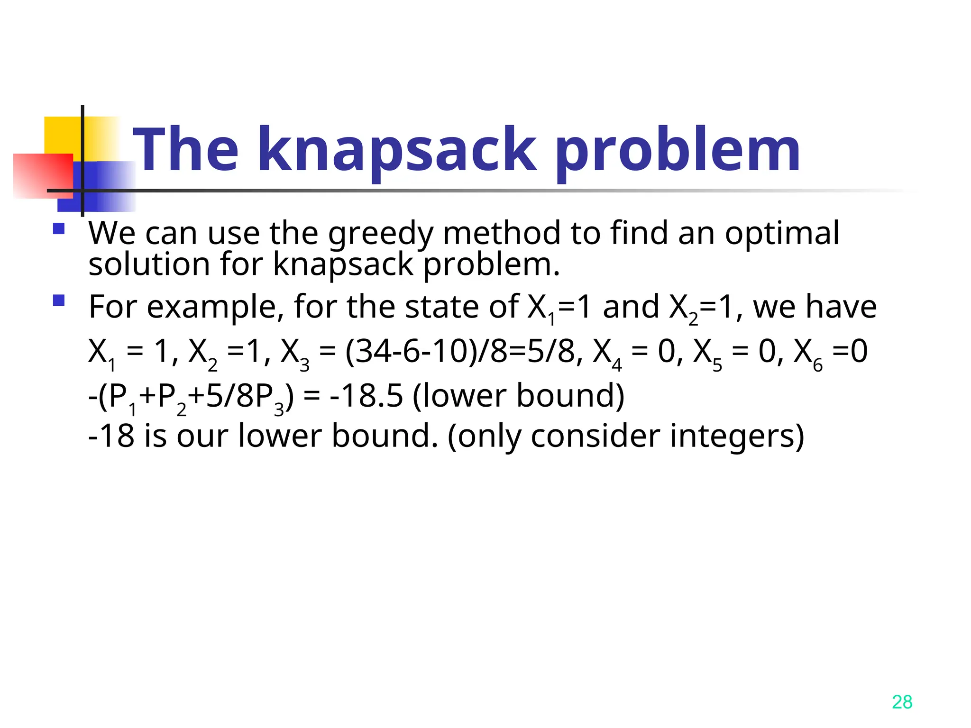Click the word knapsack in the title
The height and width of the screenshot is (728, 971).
397,151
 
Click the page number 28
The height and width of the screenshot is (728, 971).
902,702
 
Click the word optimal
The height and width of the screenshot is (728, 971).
782,234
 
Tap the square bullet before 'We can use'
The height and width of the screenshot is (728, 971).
59,229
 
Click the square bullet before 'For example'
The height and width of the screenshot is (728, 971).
59,301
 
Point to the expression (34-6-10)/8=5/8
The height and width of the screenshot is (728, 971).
460,352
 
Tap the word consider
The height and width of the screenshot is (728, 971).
595,436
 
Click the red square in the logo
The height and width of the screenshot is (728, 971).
43,175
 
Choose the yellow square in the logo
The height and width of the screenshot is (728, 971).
64,135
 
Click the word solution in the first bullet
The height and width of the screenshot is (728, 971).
149,264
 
